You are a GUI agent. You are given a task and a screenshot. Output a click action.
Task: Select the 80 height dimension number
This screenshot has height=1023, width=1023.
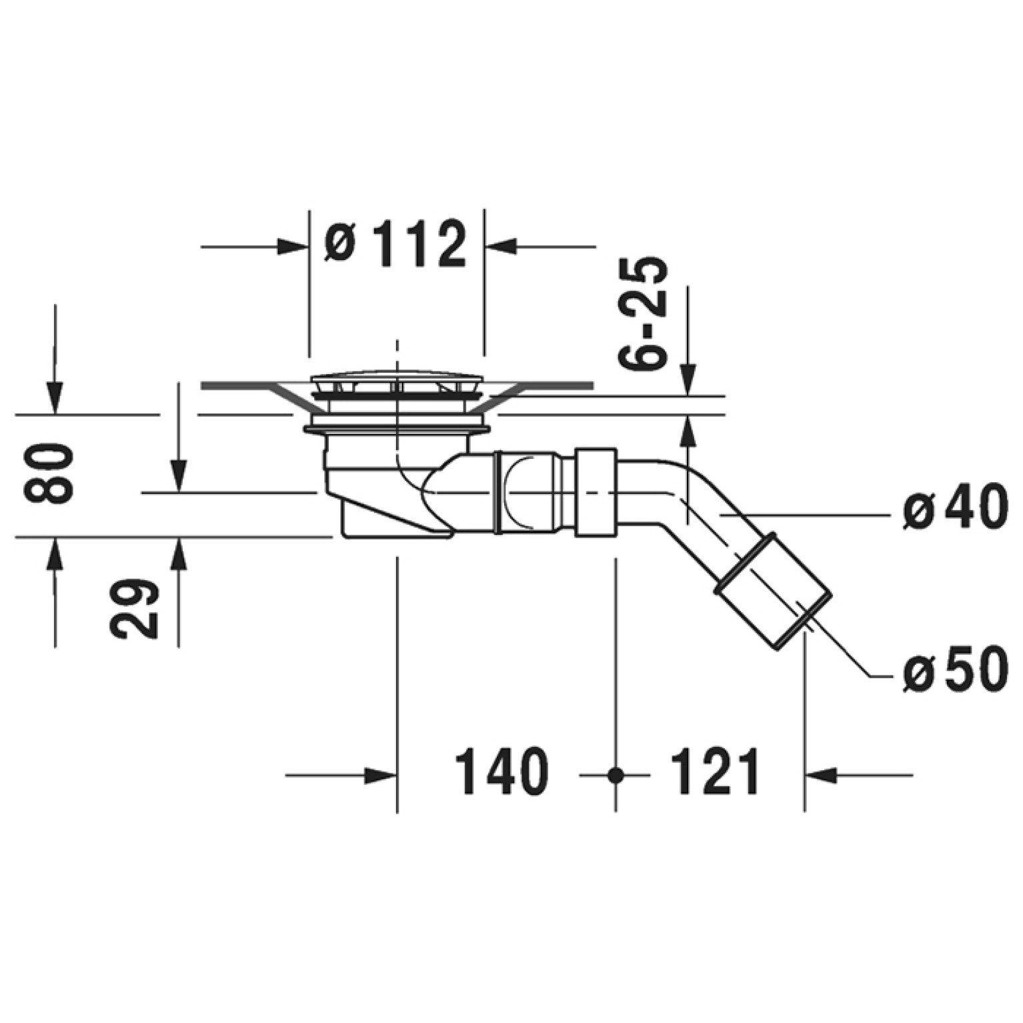[48, 473]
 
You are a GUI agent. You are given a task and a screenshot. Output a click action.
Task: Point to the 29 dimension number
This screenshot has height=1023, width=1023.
[134, 609]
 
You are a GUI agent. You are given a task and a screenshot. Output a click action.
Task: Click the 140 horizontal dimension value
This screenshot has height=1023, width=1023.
[501, 772]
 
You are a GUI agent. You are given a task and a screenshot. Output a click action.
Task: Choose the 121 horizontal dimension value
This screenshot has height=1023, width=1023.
[714, 772]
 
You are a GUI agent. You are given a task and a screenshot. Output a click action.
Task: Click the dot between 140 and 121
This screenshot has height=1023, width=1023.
[616, 775]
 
